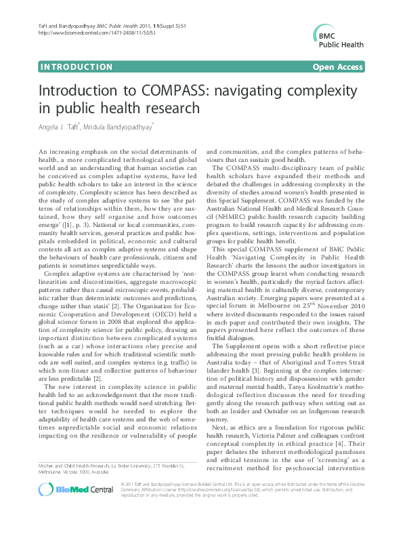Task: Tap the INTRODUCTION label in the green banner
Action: tap(77, 67)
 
